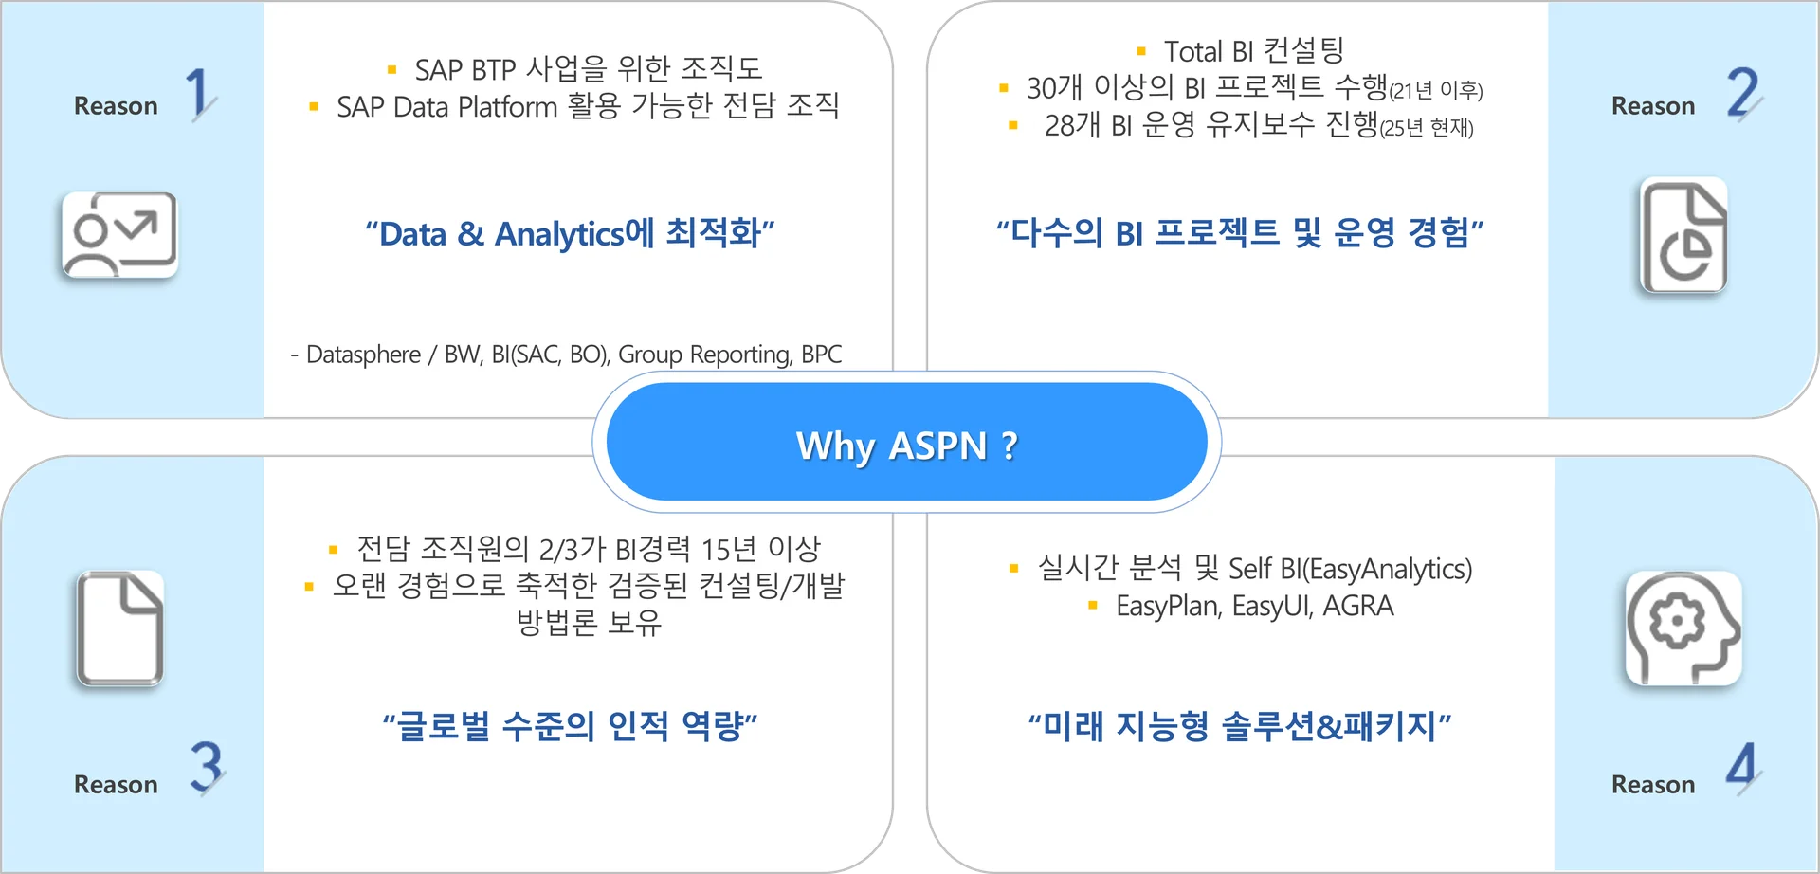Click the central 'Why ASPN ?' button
(906, 442)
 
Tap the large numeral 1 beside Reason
(199, 93)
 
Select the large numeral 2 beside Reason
(1744, 93)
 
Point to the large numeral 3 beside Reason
(207, 767)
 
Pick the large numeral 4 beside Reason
(1742, 767)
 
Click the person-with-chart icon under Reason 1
(119, 235)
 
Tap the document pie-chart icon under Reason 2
(1683, 235)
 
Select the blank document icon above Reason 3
(119, 628)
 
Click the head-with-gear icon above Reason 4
(1683, 628)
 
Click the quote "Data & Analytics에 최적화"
(571, 233)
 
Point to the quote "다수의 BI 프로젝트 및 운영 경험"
(1240, 232)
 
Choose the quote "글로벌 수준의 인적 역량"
(571, 726)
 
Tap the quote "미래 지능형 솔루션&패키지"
(1240, 726)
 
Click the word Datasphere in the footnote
(363, 355)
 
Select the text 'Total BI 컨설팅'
(1254, 50)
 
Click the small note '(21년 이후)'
(1436, 90)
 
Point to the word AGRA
(1358, 606)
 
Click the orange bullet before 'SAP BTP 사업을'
(391, 69)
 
